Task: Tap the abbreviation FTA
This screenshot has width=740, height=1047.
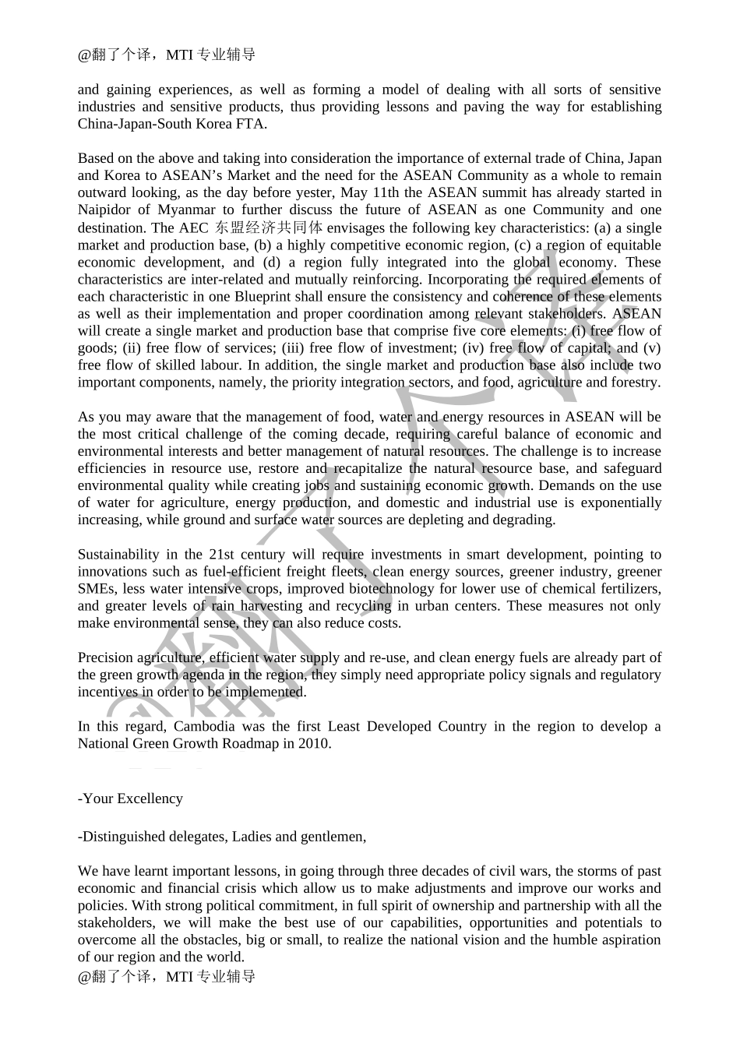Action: (x=252, y=124)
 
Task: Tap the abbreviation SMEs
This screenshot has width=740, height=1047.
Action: (x=97, y=589)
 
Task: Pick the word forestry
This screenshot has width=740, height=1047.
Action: (x=634, y=382)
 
